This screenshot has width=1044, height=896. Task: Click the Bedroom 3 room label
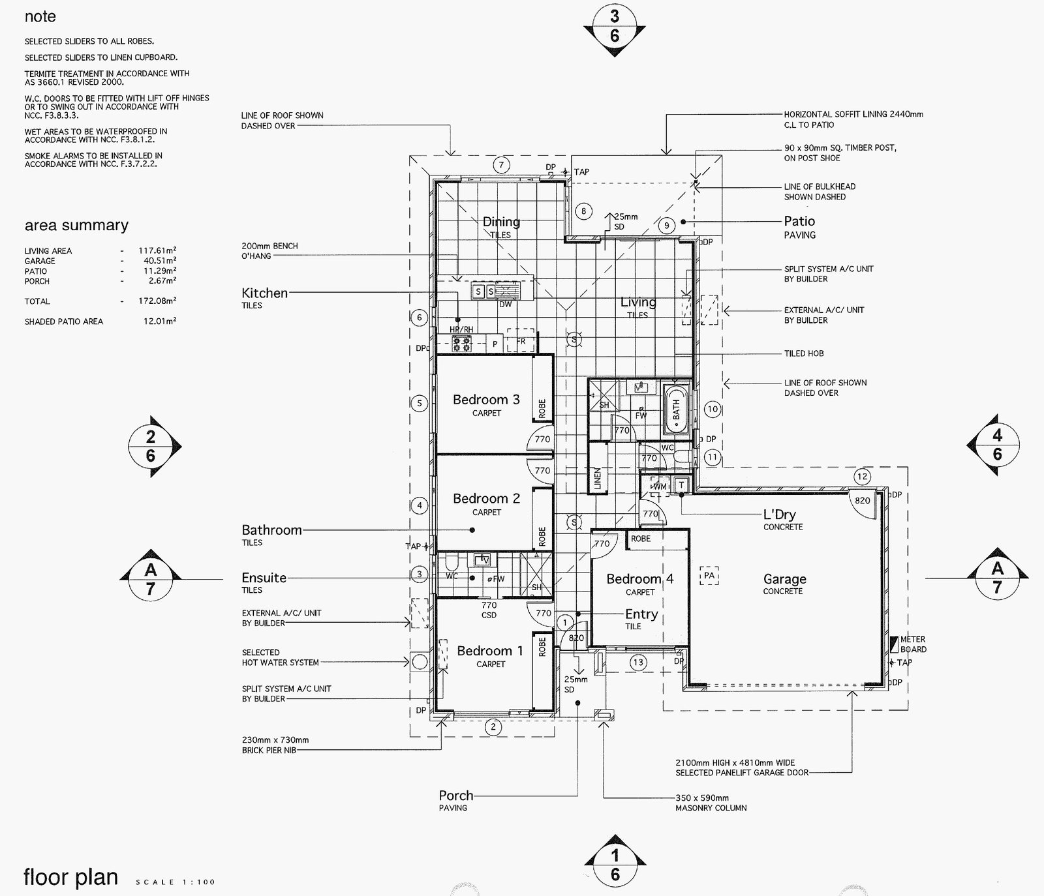pyautogui.click(x=486, y=400)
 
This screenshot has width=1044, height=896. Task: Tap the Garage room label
pyautogui.click(x=784, y=579)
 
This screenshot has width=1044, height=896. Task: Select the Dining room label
pyautogui.click(x=501, y=222)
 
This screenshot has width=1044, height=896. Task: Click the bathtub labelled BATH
pyautogui.click(x=676, y=410)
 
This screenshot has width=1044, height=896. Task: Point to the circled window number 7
pyautogui.click(x=501, y=165)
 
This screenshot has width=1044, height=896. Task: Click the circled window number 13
pyautogui.click(x=638, y=663)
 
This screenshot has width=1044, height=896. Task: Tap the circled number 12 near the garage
pyautogui.click(x=863, y=477)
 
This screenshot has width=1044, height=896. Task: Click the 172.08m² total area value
pyautogui.click(x=157, y=301)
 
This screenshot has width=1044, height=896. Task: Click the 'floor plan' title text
pyautogui.click(x=70, y=878)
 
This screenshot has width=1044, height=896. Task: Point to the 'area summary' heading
pyautogui.click(x=76, y=226)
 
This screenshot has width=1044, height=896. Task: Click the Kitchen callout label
pyautogui.click(x=264, y=293)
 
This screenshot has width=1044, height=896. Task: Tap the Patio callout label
pyautogui.click(x=799, y=222)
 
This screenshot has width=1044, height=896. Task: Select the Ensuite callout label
pyautogui.click(x=264, y=578)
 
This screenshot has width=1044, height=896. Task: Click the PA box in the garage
pyautogui.click(x=709, y=576)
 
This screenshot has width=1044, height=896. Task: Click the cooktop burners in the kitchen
pyautogui.click(x=463, y=344)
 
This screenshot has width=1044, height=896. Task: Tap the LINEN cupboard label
pyautogui.click(x=597, y=478)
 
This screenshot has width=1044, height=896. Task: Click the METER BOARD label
pyautogui.click(x=913, y=644)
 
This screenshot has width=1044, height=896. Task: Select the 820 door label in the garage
pyautogui.click(x=863, y=501)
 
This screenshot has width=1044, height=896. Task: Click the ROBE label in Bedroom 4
pyautogui.click(x=641, y=539)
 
